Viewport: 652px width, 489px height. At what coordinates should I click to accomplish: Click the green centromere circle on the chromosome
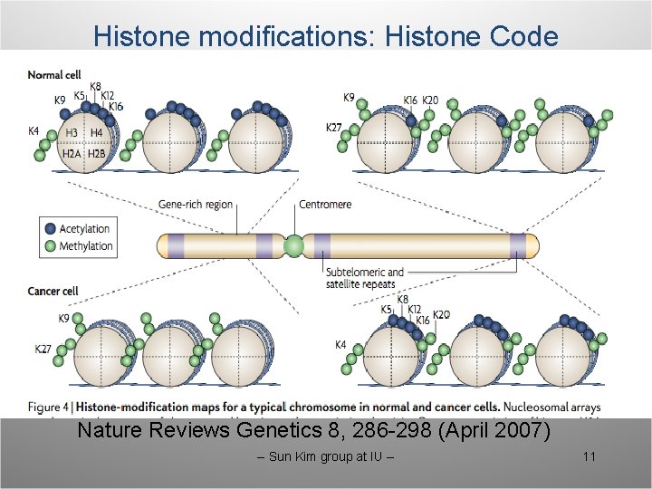tap(293, 245)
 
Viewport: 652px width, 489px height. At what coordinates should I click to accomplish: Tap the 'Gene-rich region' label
tap(195, 206)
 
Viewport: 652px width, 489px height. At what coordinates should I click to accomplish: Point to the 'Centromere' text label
tap(325, 205)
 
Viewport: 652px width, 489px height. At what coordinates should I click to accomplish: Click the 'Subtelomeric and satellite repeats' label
tap(364, 278)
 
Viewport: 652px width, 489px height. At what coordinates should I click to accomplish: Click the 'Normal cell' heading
tap(57, 73)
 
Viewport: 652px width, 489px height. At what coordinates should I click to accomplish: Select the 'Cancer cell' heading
tap(54, 292)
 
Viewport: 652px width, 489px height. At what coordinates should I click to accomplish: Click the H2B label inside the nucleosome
tap(98, 155)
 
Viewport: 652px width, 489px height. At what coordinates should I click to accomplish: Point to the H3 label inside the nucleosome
tap(72, 134)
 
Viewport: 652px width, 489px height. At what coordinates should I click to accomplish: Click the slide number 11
tap(589, 456)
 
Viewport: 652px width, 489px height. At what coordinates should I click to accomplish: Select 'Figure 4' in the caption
tap(52, 407)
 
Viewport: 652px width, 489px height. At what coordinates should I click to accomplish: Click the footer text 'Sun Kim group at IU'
tap(326, 456)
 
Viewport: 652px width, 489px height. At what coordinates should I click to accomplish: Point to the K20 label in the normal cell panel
tap(431, 101)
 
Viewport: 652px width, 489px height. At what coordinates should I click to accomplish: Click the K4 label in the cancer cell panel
tap(340, 344)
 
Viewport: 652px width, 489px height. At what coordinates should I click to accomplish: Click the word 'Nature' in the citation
tap(108, 429)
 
